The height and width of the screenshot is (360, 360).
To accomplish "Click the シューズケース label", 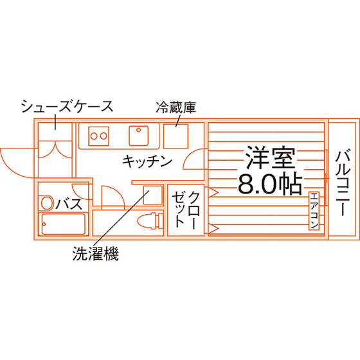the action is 67,106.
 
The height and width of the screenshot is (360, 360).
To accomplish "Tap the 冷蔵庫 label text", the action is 176,107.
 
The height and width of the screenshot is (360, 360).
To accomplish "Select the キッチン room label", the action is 147,161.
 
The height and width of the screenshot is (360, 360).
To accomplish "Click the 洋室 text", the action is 270,157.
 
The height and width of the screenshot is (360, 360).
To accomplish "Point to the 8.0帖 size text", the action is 270,184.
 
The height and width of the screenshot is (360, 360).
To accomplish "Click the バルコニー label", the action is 343,183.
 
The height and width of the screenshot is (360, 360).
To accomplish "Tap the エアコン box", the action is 314,211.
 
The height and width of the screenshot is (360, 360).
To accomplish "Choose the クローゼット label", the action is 186,210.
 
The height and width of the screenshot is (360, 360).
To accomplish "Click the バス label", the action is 69,204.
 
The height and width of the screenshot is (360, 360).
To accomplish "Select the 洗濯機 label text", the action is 96,254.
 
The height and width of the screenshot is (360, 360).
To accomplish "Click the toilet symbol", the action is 150,221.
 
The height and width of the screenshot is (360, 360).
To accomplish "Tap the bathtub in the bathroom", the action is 63,224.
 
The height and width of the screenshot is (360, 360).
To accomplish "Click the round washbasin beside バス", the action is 47,203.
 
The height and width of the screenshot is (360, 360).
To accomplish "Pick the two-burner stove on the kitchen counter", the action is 98,136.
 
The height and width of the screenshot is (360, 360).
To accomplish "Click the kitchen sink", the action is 138,136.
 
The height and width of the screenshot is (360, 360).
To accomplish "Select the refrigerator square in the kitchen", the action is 175,136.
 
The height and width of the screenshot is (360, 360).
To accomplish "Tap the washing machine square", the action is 153,195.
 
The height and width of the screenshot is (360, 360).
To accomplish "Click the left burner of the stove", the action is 94,136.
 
